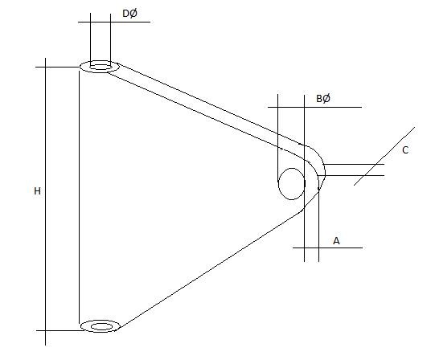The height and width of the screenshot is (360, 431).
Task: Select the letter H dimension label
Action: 37,191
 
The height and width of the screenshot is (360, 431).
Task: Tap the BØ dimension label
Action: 323,98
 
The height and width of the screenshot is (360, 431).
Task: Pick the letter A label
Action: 337,239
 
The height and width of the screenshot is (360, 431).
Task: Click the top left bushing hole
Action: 100,66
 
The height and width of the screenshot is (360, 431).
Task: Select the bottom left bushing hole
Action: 100,325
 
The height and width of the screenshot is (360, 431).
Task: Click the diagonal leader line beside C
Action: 384,156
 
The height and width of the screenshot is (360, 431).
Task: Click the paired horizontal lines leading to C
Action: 354,170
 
